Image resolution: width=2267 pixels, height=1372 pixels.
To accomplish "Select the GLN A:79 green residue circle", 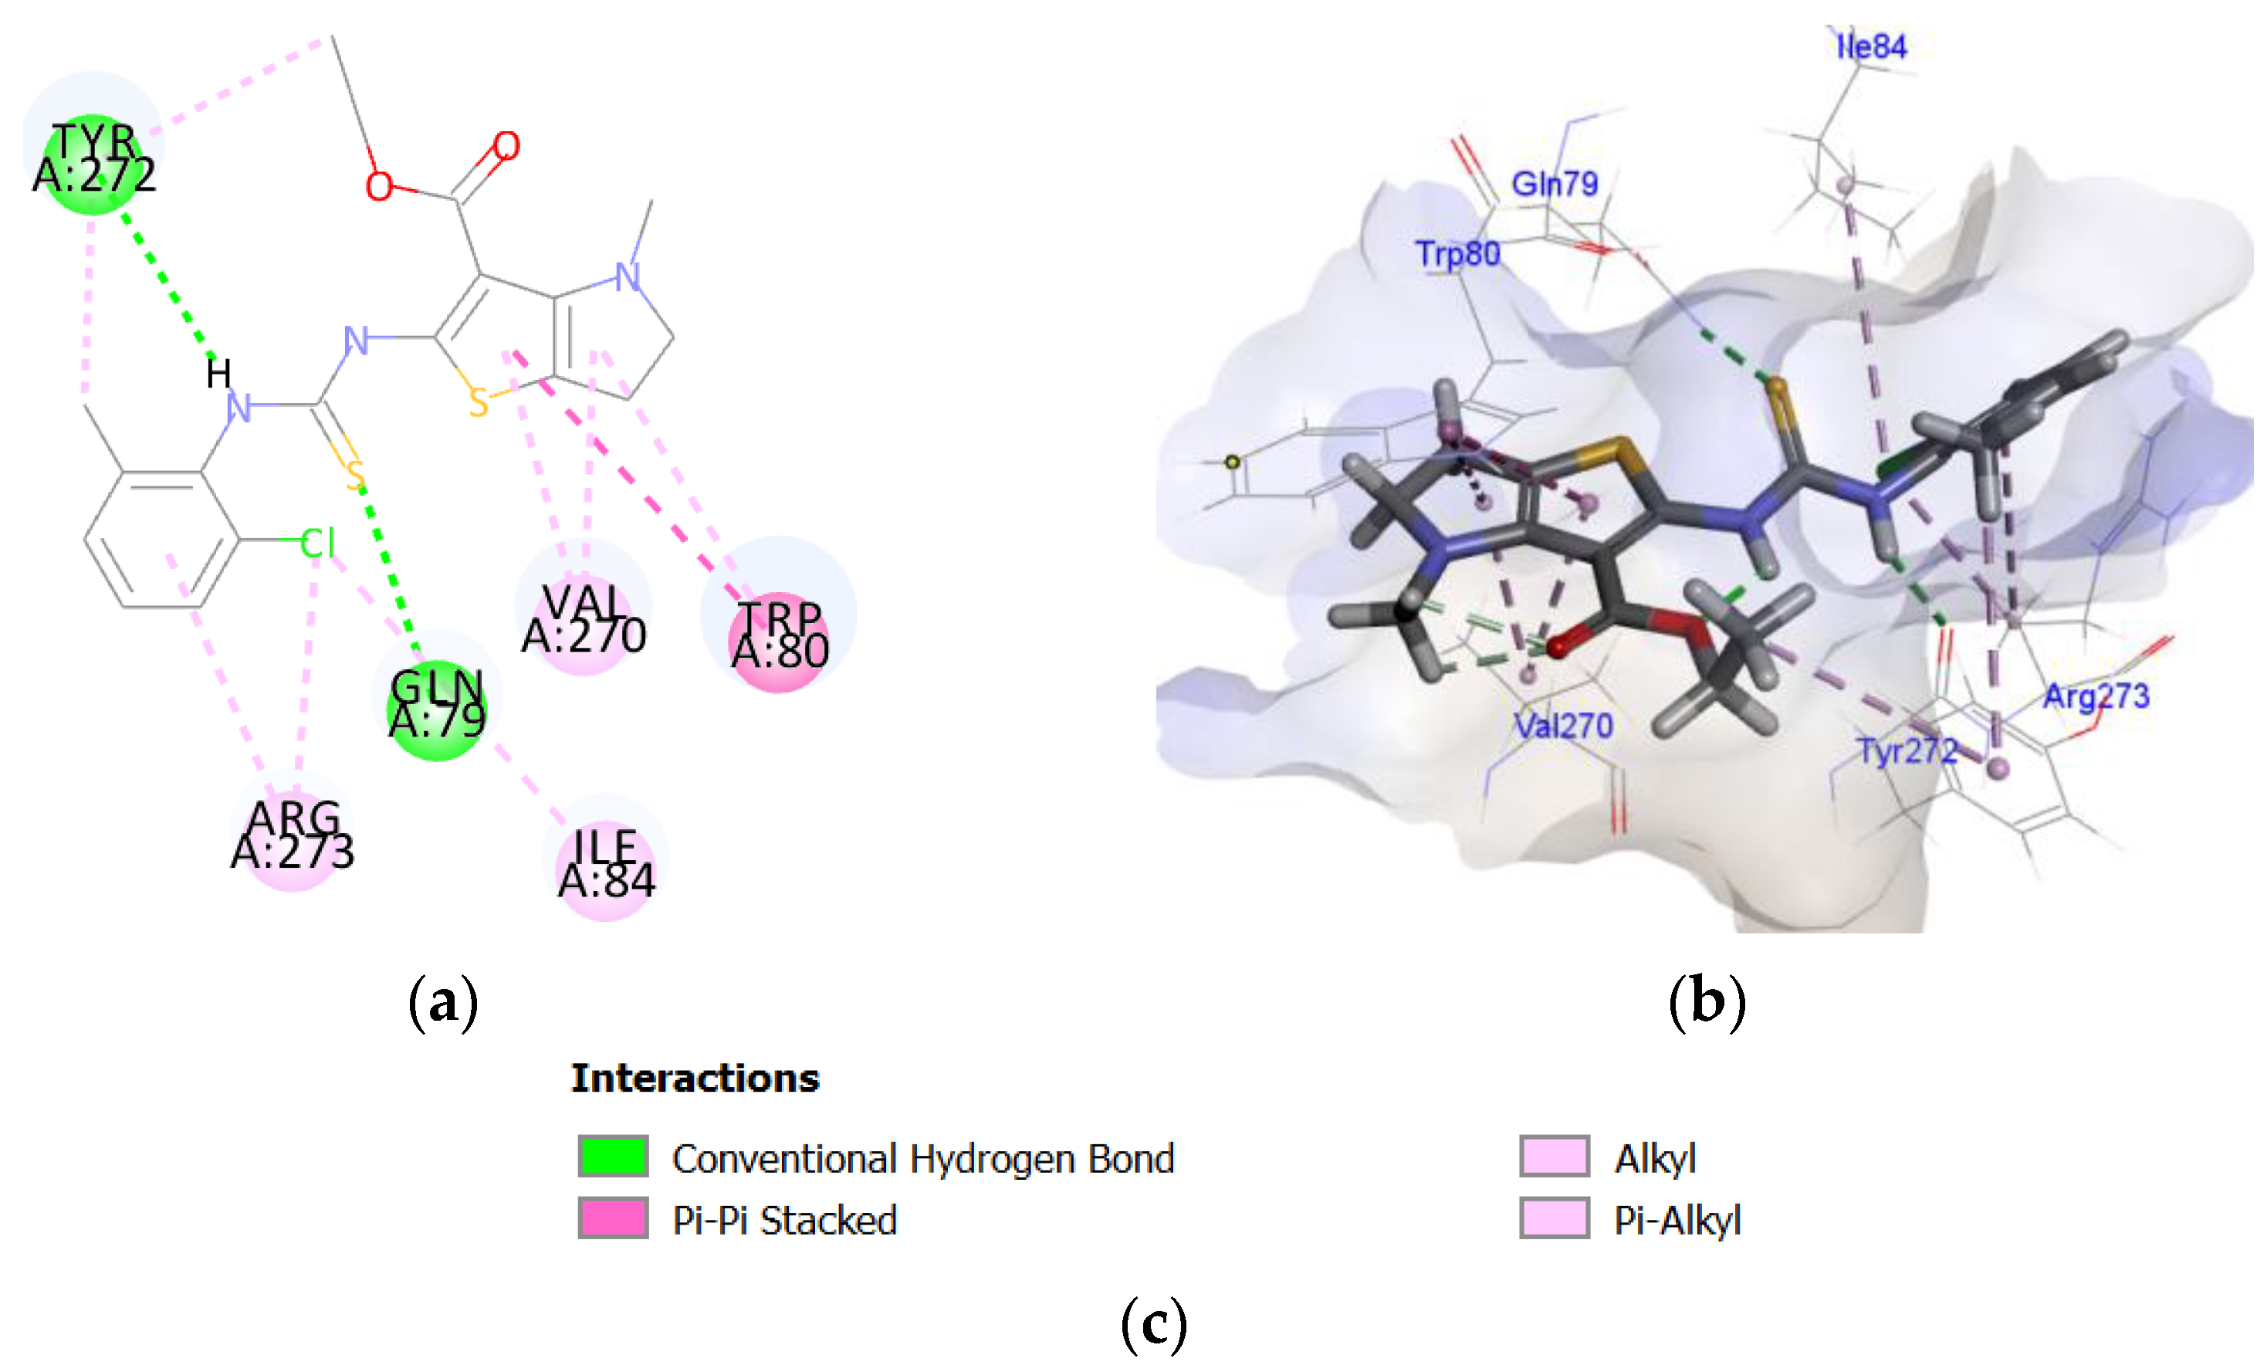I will pyautogui.click(x=437, y=710).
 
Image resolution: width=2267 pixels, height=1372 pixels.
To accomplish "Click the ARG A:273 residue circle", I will pyautogui.click(x=293, y=838).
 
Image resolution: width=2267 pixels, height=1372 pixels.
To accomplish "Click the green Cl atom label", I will pyautogui.click(x=317, y=543).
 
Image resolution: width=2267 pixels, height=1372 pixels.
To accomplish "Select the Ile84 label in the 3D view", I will pyautogui.click(x=1871, y=46).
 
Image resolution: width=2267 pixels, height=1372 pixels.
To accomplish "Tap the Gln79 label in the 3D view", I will pyautogui.click(x=1555, y=184).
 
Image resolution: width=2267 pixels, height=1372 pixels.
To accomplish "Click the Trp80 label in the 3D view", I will pyautogui.click(x=1458, y=254).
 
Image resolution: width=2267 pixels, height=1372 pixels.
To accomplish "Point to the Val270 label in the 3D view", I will pyautogui.click(x=1564, y=726).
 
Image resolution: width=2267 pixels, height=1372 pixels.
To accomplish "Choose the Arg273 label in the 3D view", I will pyautogui.click(x=2096, y=696).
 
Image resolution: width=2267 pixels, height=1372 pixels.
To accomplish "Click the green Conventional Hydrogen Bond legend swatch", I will pyautogui.click(x=613, y=1157).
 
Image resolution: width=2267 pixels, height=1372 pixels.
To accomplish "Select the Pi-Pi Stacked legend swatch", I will pyautogui.click(x=613, y=1218).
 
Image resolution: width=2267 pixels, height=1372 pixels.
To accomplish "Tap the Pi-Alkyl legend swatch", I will pyautogui.click(x=1554, y=1218).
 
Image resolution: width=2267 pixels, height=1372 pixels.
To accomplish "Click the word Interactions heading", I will pyautogui.click(x=695, y=1079).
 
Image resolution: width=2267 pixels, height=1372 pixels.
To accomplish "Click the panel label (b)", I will pyautogui.click(x=1707, y=1001).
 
